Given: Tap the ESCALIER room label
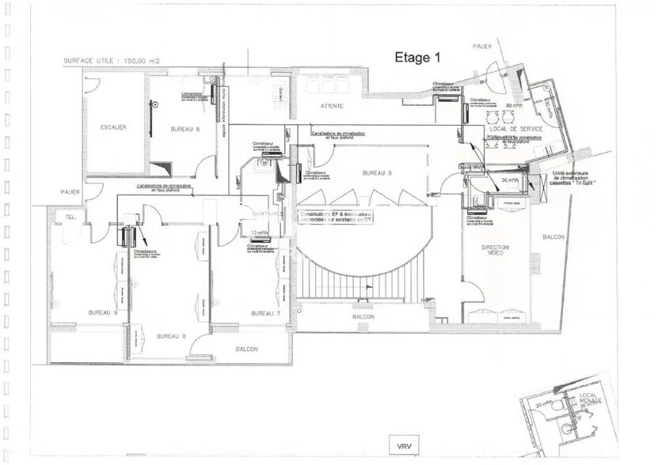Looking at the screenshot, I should (114, 127).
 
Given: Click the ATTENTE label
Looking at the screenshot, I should (332, 105).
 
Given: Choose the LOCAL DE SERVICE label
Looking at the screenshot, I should (514, 128).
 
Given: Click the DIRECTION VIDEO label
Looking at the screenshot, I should (496, 251).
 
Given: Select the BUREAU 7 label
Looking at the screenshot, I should (265, 314).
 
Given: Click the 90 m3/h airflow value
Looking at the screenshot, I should (515, 105).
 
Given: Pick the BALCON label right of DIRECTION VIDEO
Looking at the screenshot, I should (553, 236).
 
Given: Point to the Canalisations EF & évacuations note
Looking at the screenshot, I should (336, 217).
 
